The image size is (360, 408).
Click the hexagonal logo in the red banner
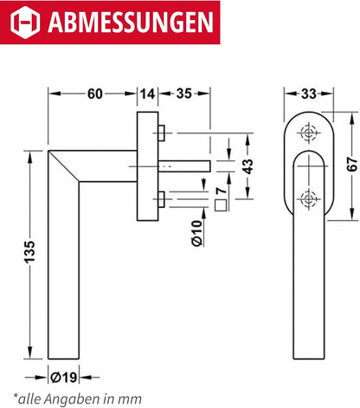click(x=25, y=22)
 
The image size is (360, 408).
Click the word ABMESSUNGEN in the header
click(x=131, y=23)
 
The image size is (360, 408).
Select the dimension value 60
click(x=95, y=94)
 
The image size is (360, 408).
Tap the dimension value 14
click(x=148, y=94)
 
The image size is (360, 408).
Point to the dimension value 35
click(x=184, y=94)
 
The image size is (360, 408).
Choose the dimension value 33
click(x=309, y=94)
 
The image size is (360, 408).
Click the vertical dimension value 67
click(x=352, y=164)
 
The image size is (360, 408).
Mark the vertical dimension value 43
click(x=247, y=166)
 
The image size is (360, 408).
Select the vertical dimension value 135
click(x=29, y=251)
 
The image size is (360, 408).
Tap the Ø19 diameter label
click(x=64, y=378)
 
